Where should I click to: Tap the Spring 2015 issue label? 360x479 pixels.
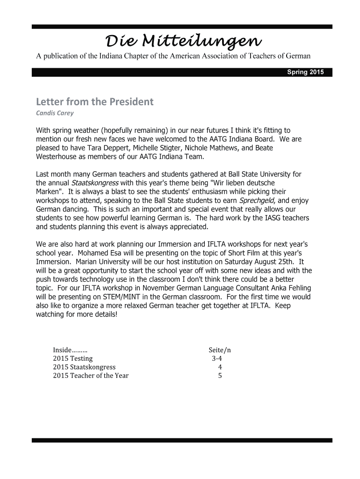[x=304, y=73]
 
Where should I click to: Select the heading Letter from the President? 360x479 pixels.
[x=94, y=102]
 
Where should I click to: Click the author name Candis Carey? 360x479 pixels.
[x=55, y=113]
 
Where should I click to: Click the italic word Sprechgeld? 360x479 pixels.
[x=257, y=200]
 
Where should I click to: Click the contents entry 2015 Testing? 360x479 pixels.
[x=73, y=358]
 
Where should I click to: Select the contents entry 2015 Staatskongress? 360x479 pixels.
[x=84, y=367]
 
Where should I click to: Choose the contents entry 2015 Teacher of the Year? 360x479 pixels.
[x=91, y=376]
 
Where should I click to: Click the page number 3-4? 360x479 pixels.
[x=216, y=358]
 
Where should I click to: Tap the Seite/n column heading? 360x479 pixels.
[x=220, y=350]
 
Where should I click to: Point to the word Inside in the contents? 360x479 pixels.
[x=62, y=350]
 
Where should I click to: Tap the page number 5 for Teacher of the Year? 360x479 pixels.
[x=220, y=376]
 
